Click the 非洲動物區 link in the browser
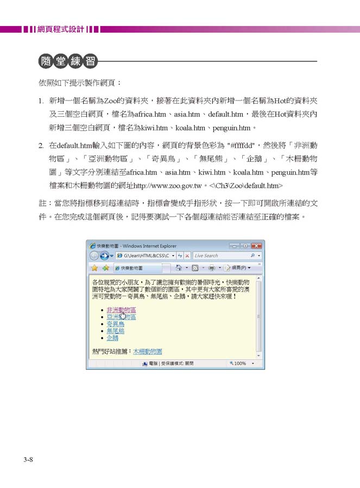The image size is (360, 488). pyautogui.click(x=121, y=309)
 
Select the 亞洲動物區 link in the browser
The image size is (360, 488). pyautogui.click(x=121, y=316)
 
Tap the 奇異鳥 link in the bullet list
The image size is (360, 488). pyautogui.click(x=115, y=323)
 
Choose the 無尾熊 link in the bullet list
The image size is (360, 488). pyautogui.click(x=115, y=330)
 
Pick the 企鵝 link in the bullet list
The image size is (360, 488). pyautogui.click(x=112, y=337)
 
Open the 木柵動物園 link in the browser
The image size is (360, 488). pyautogui.click(x=148, y=352)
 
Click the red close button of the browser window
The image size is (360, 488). pyautogui.click(x=257, y=246)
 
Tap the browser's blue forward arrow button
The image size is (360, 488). pyautogui.click(x=104, y=255)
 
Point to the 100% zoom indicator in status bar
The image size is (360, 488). pyautogui.click(x=239, y=364)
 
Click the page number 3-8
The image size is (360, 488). pyautogui.click(x=29, y=460)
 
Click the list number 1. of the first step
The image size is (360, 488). pyautogui.click(x=41, y=101)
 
